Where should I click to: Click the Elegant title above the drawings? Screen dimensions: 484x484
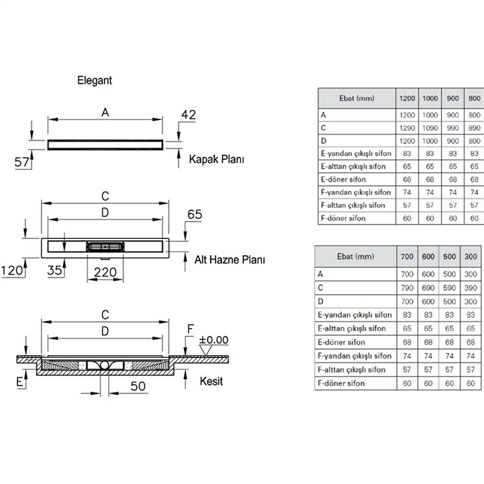[94, 80]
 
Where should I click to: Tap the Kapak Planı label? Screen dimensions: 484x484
[217, 159]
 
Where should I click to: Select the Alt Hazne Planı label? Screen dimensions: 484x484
[230, 260]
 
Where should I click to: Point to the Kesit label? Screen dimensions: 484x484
[211, 381]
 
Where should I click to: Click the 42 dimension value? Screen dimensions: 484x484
[188, 115]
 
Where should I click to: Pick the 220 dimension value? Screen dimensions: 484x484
[105, 273]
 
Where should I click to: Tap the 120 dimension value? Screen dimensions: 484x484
[12, 270]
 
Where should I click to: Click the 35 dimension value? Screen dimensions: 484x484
[54, 270]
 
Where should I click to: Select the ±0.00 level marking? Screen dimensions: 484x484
[214, 340]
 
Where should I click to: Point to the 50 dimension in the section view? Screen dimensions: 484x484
[138, 386]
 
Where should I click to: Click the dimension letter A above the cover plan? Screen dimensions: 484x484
[105, 113]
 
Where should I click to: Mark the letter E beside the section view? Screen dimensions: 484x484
[19, 382]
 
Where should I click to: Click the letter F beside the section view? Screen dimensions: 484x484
[191, 329]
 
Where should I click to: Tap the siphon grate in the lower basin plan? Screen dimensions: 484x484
[105, 247]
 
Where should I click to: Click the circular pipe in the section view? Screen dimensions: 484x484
[104, 366]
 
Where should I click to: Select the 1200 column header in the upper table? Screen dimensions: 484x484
[407, 99]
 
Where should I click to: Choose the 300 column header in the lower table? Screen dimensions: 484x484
[471, 257]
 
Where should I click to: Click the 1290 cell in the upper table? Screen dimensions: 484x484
[407, 128]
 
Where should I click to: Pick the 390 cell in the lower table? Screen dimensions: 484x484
[471, 288]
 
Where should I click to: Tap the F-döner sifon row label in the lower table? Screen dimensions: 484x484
[341, 384]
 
